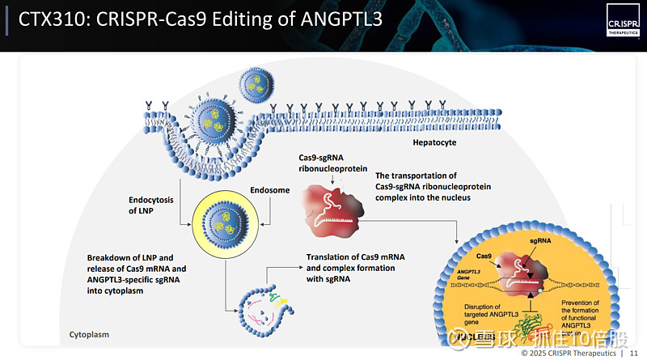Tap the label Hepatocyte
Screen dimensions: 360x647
click(x=434, y=143)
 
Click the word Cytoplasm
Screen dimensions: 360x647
click(x=89, y=334)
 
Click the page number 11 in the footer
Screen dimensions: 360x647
click(x=633, y=354)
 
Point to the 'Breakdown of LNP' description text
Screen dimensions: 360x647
click(x=137, y=274)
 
